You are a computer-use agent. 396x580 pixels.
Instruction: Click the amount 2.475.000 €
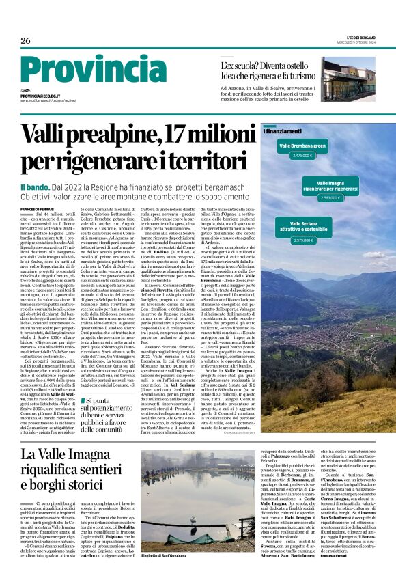[x=301, y=156]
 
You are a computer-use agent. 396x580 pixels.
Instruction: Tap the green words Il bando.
[x=34, y=187]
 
